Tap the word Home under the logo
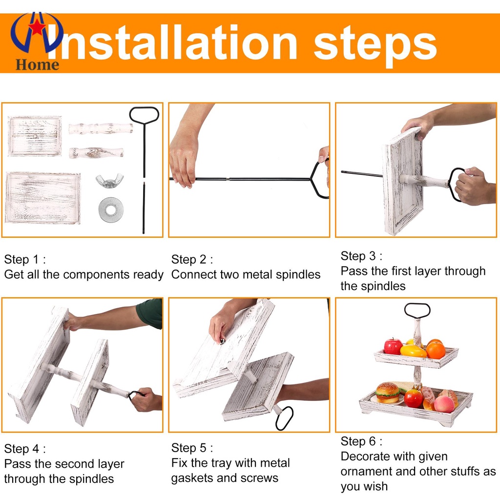pos(37,65)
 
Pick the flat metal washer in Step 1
pos(111,209)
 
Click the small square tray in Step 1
pos(35,136)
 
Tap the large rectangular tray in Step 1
pos(43,198)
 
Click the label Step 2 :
pos(192,259)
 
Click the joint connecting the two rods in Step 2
pos(228,179)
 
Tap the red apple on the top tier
pos(393,347)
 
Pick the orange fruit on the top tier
pos(436,350)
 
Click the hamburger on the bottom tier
pos(387,393)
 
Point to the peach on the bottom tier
pos(444,404)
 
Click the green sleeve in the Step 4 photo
pos(150,313)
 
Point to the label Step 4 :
pos(25,449)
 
